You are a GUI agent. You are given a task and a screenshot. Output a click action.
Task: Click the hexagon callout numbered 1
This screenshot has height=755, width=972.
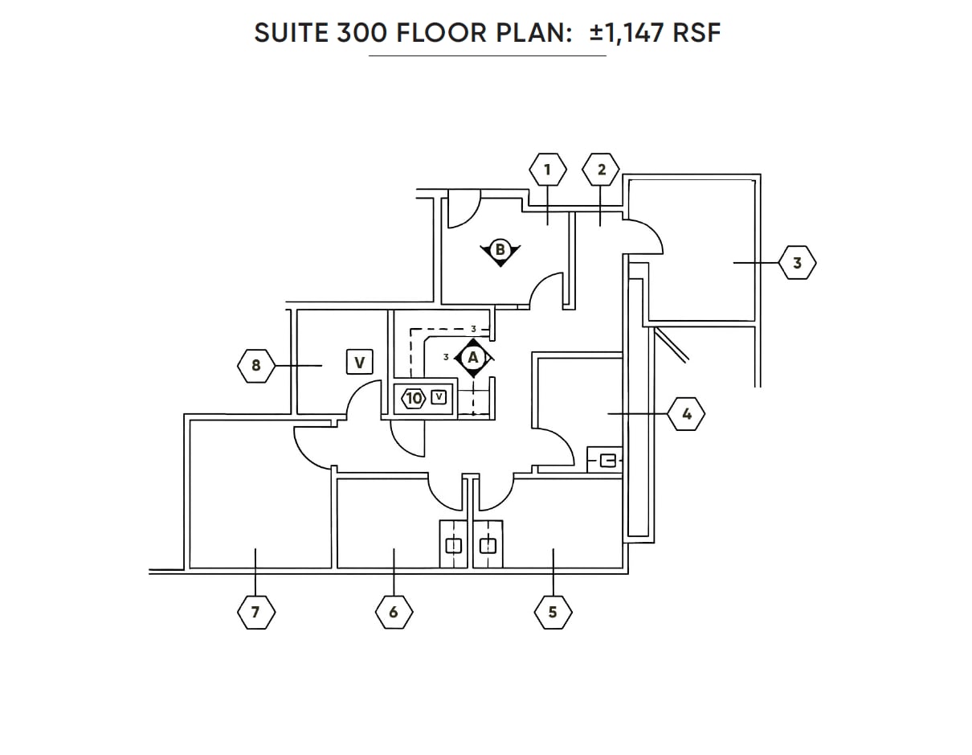tap(548, 170)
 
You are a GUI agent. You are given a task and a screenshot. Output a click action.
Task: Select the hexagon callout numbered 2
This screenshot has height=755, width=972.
tap(601, 170)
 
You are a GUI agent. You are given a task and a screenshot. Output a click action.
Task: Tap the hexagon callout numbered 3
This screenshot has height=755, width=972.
tap(797, 263)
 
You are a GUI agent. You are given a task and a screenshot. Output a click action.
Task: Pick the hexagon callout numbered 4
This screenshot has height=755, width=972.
tap(686, 414)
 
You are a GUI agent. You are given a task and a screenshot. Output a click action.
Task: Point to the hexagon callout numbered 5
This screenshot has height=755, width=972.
tap(553, 612)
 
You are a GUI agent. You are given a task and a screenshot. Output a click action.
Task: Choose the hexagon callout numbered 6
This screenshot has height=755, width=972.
tap(394, 612)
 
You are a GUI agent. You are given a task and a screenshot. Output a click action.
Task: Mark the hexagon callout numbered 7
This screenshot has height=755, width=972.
tap(256, 612)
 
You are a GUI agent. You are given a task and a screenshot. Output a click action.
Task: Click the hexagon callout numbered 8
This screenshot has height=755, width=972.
tap(256, 366)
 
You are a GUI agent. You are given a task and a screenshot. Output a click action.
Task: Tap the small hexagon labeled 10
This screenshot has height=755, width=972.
tap(414, 398)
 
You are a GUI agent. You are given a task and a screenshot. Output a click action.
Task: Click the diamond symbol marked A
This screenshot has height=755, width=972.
tap(472, 357)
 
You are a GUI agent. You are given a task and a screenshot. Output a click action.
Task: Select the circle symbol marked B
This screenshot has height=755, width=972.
tap(500, 250)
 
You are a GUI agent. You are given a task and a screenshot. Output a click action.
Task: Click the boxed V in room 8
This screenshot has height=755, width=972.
tap(359, 363)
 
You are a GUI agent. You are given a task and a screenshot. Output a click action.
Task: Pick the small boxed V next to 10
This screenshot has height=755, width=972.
tap(439, 396)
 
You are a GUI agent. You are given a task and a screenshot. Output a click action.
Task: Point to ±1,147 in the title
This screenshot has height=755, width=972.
tap(627, 33)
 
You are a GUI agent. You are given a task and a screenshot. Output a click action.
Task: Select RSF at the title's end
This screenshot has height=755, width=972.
tap(697, 33)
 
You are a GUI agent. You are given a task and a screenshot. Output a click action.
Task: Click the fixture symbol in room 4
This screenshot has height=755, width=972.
tap(608, 461)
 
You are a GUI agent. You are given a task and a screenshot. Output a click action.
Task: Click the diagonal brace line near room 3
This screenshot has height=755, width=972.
tap(671, 343)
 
